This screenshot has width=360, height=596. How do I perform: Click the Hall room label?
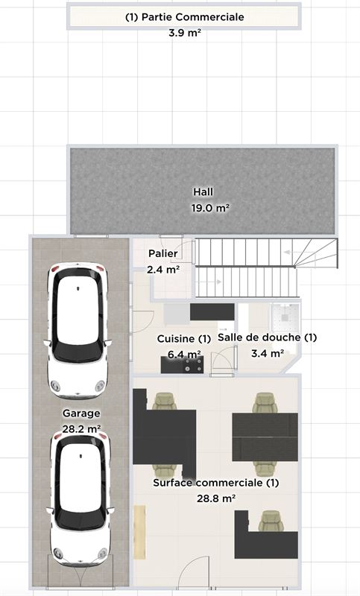tap(203, 192)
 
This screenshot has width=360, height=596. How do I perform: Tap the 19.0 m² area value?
tap(210, 208)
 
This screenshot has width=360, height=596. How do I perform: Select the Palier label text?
tap(163, 253)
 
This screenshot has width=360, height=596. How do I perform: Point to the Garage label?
tap(81, 413)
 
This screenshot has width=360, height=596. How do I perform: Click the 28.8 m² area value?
tap(216, 498)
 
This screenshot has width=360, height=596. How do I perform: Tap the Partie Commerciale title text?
tap(184, 17)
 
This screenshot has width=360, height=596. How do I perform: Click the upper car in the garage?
tap(78, 330)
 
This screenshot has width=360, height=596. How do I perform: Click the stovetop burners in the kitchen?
tap(193, 365)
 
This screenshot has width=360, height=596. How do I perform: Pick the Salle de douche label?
tap(268, 337)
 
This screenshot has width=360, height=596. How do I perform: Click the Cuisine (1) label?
tap(184, 339)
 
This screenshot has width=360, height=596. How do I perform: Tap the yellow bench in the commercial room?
tap(139, 532)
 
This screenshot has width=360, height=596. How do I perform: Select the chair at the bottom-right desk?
tap(271, 521)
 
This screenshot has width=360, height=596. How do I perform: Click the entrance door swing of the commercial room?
tap(195, 573)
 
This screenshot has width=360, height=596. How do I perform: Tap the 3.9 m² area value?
tap(185, 33)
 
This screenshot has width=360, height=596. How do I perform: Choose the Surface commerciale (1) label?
tap(216, 483)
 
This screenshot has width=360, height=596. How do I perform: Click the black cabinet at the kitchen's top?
tap(212, 312)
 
